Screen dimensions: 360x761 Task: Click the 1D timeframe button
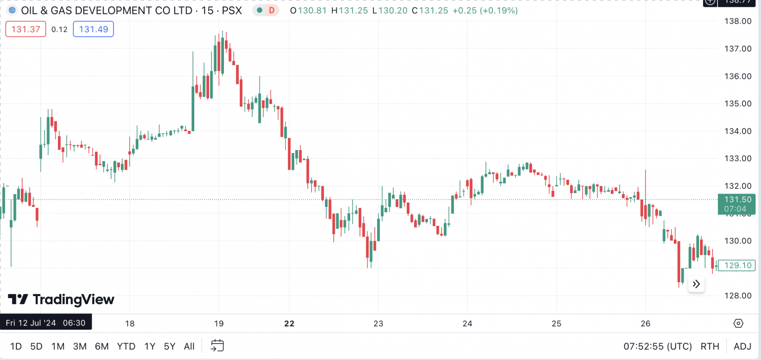(16, 346)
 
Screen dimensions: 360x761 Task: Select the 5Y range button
(169, 346)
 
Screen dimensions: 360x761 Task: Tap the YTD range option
(126, 346)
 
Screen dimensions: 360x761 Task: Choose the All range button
(189, 346)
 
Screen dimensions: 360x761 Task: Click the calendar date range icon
(217, 346)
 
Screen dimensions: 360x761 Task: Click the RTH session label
(710, 346)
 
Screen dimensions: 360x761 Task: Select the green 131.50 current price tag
(738, 204)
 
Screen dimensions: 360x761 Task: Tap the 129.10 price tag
(738, 265)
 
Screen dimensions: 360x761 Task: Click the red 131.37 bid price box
(26, 29)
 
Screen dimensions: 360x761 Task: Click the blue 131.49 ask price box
(93, 29)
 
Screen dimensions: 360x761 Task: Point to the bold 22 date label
(289, 323)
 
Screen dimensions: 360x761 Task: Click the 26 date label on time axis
(645, 323)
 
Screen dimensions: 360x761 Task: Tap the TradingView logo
(61, 300)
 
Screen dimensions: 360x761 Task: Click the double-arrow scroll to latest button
(696, 284)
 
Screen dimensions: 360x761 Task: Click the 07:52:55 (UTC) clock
(657, 346)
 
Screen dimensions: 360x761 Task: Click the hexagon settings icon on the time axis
(738, 323)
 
